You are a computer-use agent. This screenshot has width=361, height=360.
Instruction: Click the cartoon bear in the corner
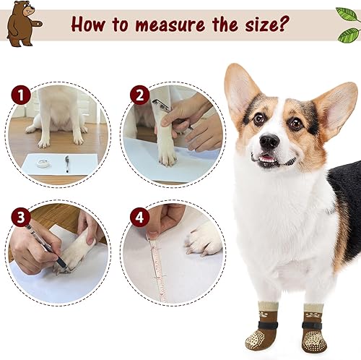22,23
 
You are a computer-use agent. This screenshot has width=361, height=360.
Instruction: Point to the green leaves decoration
348,25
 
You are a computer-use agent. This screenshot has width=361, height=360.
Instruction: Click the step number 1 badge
20,95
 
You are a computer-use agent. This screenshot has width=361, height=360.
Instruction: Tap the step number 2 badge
139,95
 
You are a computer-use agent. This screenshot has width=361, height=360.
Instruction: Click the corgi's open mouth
267,159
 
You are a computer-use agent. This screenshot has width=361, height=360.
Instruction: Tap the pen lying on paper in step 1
67,163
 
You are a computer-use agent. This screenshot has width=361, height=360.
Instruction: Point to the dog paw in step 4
204,239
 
